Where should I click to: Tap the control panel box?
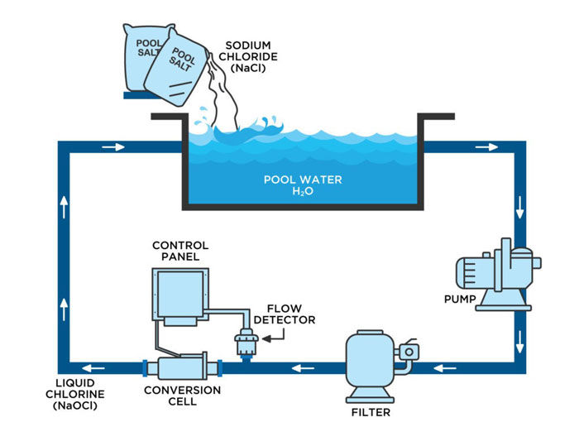[179, 292]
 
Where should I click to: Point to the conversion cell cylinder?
[184, 366]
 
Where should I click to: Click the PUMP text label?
[460, 300]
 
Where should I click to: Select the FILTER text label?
[370, 411]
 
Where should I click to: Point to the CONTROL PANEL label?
[180, 251]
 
